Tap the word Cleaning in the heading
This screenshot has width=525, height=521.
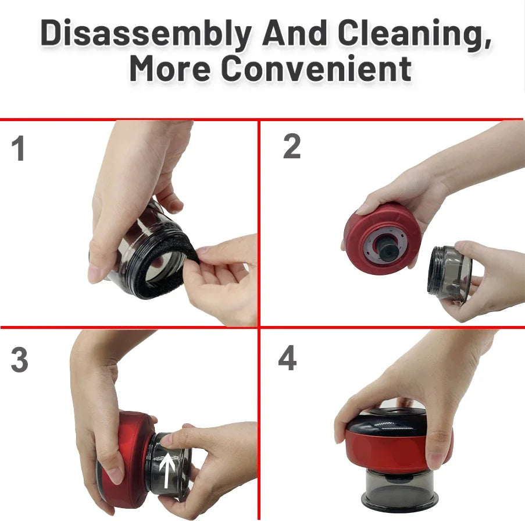[x=410, y=35]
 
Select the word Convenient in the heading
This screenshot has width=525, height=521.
[x=316, y=69]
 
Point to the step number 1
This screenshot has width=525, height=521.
[x=19, y=150]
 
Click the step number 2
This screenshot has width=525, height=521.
[x=292, y=147]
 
